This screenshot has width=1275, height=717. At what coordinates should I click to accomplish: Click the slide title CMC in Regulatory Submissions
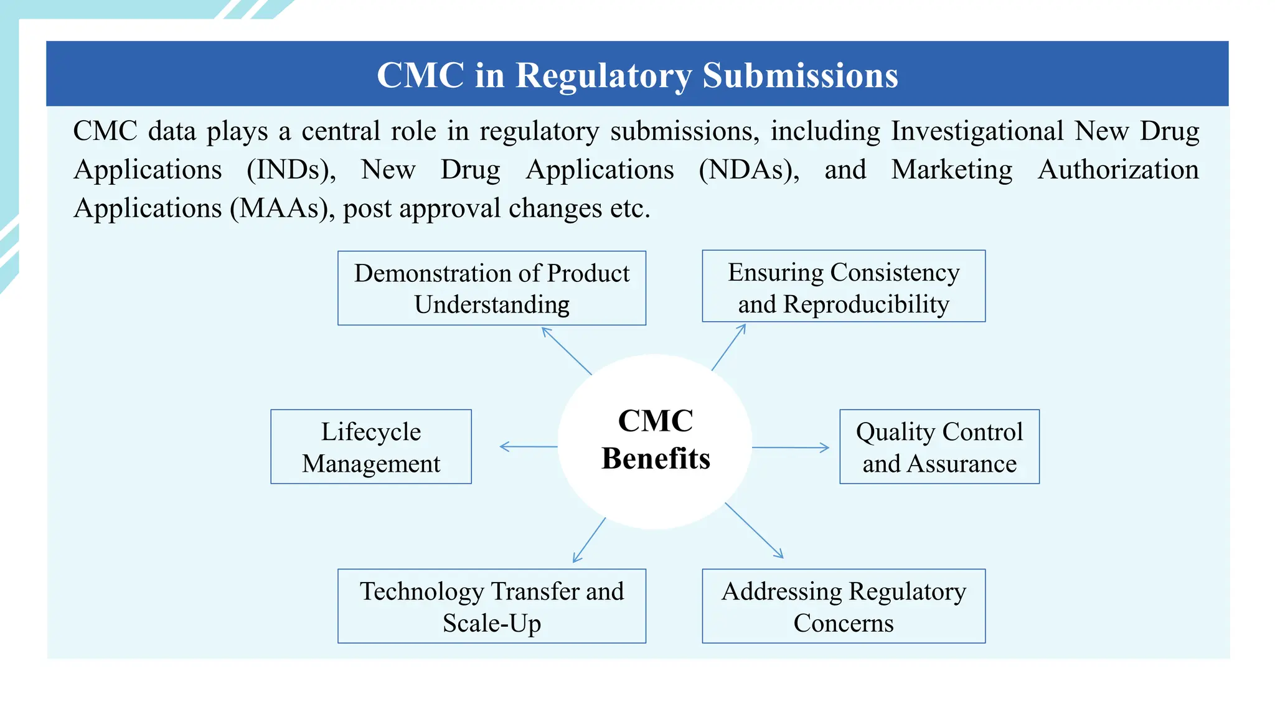tap(637, 75)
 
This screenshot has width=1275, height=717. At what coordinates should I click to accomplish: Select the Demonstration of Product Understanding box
tap(491, 288)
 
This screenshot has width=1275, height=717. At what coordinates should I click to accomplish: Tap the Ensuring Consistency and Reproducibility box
tap(843, 287)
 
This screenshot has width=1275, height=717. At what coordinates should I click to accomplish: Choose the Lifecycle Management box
tap(371, 447)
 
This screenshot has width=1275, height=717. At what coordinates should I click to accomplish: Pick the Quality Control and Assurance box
tap(939, 447)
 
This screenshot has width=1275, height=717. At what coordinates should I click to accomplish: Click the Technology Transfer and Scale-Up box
tap(491, 606)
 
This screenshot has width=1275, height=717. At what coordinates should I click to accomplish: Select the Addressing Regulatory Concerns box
tap(843, 606)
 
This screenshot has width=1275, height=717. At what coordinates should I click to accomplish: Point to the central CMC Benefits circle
tap(655, 441)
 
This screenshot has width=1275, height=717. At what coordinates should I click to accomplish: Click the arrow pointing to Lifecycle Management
tap(529, 446)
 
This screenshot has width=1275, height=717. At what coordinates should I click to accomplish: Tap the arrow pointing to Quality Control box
tap(790, 448)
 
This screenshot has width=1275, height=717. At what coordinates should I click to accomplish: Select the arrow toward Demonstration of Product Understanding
tap(567, 350)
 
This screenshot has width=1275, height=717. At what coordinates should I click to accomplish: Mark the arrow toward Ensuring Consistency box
tap(729, 347)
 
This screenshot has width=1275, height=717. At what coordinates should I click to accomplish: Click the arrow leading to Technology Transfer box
tap(589, 540)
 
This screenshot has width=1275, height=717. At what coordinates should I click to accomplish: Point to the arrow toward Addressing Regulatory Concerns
tap(754, 530)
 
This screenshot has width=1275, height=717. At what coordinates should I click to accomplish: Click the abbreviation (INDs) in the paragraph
tap(291, 170)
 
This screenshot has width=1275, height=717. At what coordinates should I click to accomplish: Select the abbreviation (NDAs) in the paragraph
tap(749, 170)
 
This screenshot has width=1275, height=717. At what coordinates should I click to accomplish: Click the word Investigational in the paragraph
tap(977, 131)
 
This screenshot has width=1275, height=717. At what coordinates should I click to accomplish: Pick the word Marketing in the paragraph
tap(951, 170)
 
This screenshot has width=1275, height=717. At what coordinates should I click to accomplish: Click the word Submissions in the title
tap(800, 75)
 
